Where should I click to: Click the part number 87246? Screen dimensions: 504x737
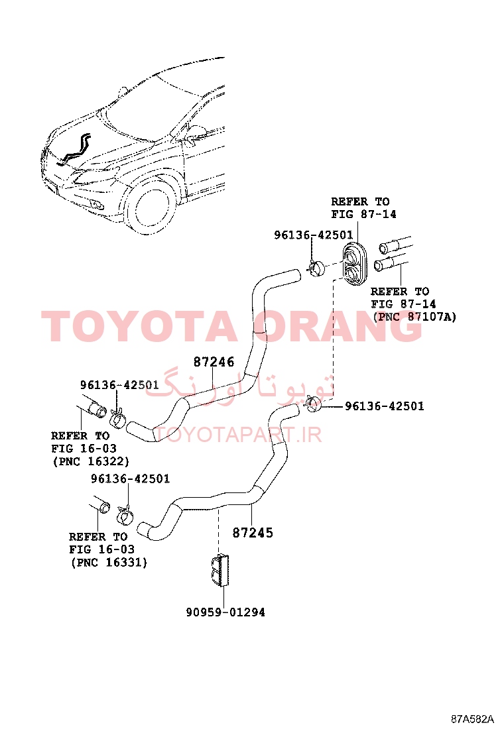coord(214,362)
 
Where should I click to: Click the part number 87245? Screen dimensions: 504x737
coord(253,533)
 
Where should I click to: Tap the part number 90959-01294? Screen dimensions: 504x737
coord(225,612)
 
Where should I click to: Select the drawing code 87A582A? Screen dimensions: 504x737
coord(472,719)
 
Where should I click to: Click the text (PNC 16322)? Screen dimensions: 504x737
coord(92,461)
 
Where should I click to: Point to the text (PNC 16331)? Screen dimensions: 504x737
coord(109,562)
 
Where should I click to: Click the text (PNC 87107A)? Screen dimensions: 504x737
coord(414,316)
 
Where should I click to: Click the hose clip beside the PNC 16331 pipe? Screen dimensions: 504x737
coord(125,515)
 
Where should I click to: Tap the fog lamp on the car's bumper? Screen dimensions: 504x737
coord(98,204)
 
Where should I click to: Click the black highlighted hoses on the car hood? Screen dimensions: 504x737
coord(74,150)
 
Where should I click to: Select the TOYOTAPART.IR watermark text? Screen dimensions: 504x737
coord(238,434)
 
